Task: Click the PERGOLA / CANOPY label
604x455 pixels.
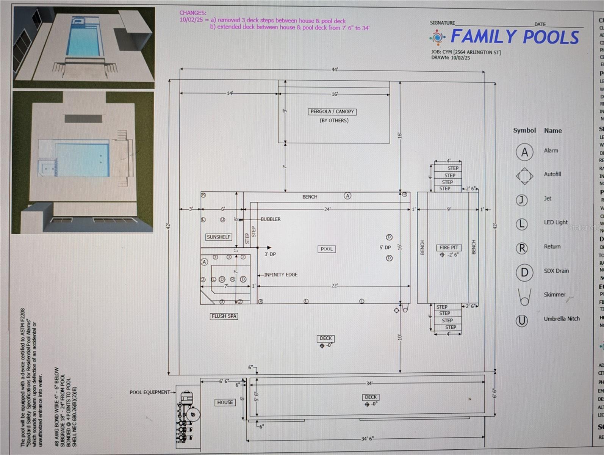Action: point(332,111)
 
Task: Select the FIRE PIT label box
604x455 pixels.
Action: point(449,248)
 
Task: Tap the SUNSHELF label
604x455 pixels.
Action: point(219,237)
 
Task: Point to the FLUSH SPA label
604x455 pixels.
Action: point(224,316)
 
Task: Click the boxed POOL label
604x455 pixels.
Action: point(327,249)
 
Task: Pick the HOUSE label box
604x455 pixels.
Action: point(225,402)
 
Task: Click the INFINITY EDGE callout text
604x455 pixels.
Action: point(281,275)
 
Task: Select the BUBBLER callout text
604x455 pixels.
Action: point(271,219)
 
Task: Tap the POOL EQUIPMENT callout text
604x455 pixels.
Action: point(150,392)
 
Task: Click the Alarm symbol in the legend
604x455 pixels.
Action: point(524,152)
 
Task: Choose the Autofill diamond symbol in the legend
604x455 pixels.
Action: point(524,176)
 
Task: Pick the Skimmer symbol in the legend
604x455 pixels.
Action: point(524,297)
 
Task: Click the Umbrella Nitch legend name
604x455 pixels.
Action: point(562,318)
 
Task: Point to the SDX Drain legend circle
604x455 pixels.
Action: point(524,272)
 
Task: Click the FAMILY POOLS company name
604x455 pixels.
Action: point(515,37)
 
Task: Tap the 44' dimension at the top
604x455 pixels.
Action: point(335,69)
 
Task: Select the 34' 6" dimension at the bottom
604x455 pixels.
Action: point(367,438)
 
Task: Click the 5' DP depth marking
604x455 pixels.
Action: point(385,247)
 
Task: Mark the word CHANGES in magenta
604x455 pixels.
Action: point(193,13)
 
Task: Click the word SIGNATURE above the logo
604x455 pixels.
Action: point(442,23)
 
